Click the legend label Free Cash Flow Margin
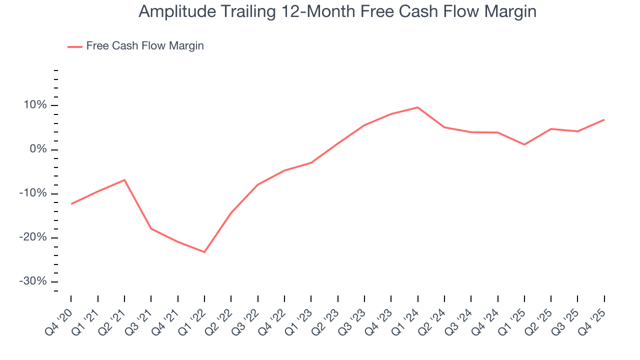(x=145, y=46)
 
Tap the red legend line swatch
(x=75, y=46)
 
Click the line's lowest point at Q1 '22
(x=204, y=252)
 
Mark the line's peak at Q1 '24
(x=417, y=107)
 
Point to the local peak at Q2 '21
(x=124, y=180)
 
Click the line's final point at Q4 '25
(x=604, y=120)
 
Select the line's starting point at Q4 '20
(x=71, y=204)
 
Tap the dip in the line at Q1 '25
(x=524, y=144)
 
